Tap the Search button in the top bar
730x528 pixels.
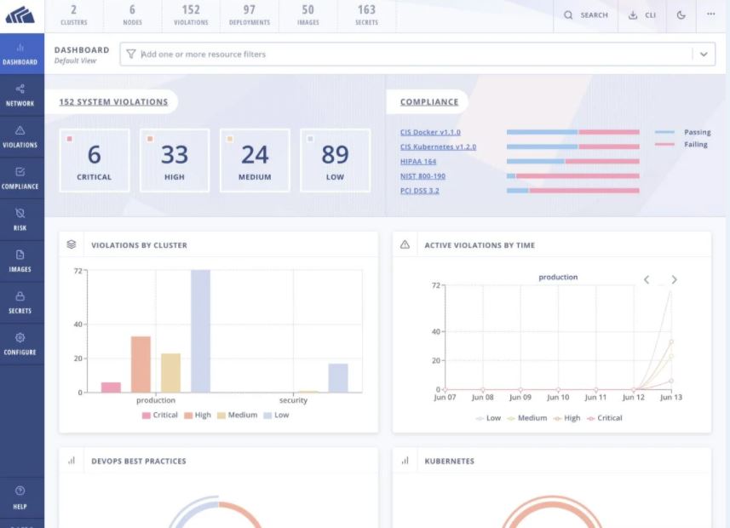coord(586,15)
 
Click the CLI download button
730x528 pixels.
coord(642,15)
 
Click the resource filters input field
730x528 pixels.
coord(409,54)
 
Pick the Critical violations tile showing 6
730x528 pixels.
coord(94,160)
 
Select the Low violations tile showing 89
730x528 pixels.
coord(335,160)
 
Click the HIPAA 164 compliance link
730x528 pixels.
coord(418,161)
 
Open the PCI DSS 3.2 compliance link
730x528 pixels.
coord(420,190)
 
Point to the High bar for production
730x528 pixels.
coord(141,364)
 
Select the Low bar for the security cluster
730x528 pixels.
coord(338,377)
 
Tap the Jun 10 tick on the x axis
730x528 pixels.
coord(558,397)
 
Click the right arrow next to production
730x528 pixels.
coord(674,279)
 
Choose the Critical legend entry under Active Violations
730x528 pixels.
coord(604,418)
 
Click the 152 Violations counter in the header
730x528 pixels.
coord(191,14)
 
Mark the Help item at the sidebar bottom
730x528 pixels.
coord(20,496)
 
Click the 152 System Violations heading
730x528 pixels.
coord(113,102)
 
